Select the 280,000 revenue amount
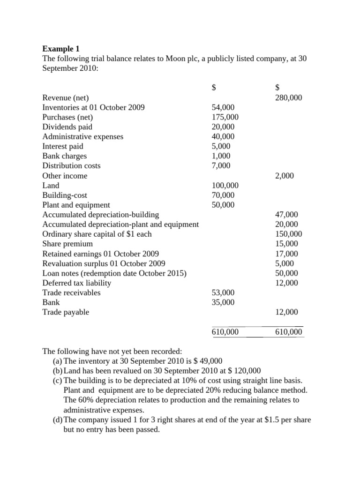[288, 97]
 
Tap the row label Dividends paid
[67, 127]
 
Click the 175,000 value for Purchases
[225, 117]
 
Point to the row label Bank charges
[64, 156]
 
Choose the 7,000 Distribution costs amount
[221, 166]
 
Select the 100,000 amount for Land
[225, 186]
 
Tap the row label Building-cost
[65, 195]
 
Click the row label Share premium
[67, 244]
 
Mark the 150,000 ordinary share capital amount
[288, 234]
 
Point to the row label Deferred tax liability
[77, 283]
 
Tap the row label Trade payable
[66, 312]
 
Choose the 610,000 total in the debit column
[225, 332]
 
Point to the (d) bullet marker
[58, 420]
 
